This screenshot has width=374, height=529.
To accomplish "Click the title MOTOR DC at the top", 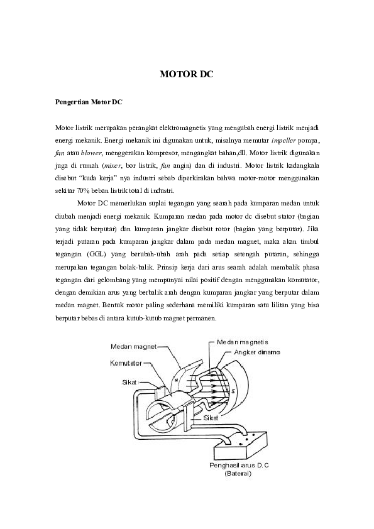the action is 187,74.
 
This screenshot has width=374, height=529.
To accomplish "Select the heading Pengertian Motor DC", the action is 89,102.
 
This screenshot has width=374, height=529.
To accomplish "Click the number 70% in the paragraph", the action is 83,190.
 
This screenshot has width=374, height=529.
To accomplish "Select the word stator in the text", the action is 287,216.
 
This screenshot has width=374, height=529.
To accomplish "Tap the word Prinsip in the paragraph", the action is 167,267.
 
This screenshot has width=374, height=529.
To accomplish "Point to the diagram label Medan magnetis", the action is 243,342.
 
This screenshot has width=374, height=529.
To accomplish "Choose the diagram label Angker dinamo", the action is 257,352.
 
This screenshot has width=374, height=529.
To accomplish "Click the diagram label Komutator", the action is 126,363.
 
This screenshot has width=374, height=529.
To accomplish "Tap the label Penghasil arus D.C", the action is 239,466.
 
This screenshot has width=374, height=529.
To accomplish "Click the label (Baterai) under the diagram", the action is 238,474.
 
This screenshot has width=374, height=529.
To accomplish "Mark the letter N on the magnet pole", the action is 176,381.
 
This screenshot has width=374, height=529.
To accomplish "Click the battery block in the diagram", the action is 240,442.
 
